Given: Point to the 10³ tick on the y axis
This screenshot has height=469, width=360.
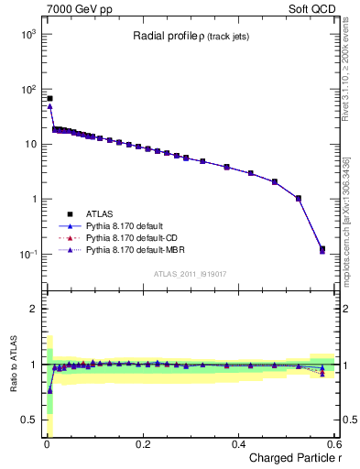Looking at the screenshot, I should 27,34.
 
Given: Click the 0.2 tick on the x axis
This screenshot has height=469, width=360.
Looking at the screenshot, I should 142,444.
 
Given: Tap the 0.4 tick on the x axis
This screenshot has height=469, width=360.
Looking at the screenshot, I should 238,444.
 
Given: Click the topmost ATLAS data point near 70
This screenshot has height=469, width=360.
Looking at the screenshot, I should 49,98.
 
